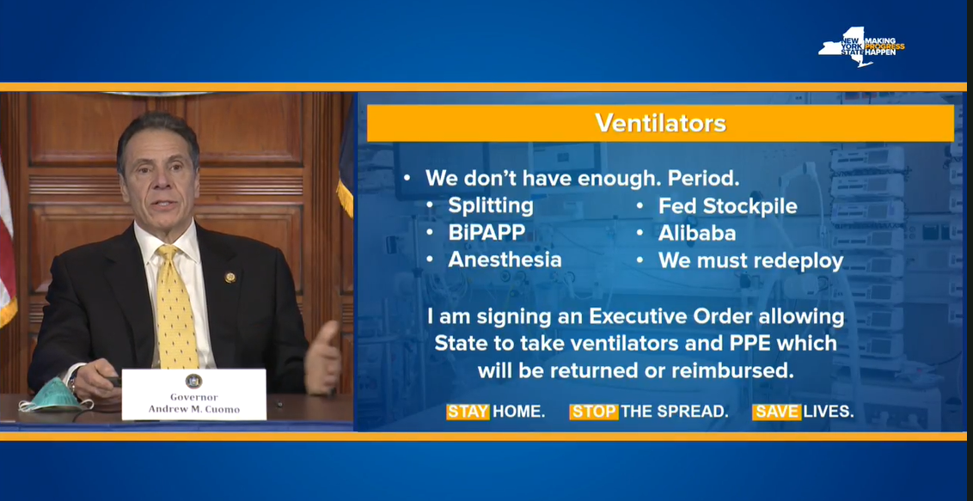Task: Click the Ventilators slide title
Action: click(x=660, y=123)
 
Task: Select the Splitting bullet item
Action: click(x=490, y=206)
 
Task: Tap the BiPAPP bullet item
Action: click(x=486, y=233)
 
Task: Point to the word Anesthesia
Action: click(x=505, y=260)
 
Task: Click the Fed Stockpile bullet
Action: click(x=727, y=206)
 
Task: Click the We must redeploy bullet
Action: click(x=751, y=260)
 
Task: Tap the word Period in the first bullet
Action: click(x=703, y=179)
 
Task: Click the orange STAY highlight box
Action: click(x=468, y=412)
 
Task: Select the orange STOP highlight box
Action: click(x=594, y=412)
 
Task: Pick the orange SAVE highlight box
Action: click(x=776, y=412)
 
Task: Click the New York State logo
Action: click(x=861, y=46)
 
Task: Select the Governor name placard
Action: click(x=194, y=394)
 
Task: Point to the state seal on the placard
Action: click(x=193, y=381)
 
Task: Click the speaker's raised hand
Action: click(x=322, y=359)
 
